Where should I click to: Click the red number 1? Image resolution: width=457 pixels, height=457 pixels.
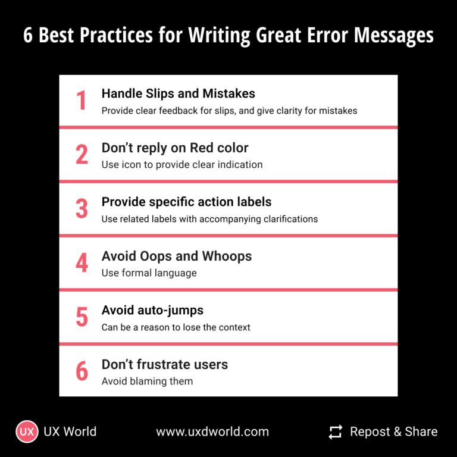coord(82,101)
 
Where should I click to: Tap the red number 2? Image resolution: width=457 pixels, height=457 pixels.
coord(82,155)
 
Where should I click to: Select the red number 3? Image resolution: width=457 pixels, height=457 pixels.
coord(82,209)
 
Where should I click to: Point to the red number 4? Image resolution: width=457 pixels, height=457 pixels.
coord(82,263)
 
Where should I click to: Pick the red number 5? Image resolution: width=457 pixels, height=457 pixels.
coord(82,317)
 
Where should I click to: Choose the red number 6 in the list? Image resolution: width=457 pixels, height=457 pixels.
coord(82,371)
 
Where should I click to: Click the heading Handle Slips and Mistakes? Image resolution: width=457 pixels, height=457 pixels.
coord(178,93)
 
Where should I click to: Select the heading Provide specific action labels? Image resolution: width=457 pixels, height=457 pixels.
coord(186,202)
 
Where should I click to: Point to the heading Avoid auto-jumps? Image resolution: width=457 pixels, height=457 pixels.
coord(152,310)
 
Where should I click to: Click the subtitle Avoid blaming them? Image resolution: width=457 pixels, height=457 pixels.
coord(147,381)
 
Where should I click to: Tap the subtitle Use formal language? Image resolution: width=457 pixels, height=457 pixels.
coord(149,273)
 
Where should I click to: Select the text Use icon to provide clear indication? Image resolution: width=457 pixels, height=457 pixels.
coord(181,164)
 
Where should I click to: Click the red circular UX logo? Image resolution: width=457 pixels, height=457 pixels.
coord(27,431)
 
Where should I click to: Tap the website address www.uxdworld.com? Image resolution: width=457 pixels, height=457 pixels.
coord(212,431)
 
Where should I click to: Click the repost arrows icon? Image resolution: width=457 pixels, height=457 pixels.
coord(336,431)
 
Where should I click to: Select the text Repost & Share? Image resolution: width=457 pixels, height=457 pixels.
coord(393,431)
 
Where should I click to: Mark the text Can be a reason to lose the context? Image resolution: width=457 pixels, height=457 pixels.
coord(176,327)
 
